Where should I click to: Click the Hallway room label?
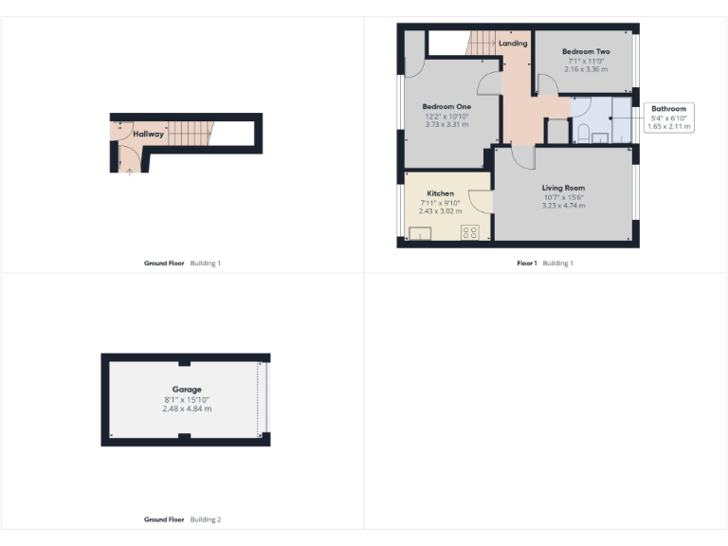(148, 135)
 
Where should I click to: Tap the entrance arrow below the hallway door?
(129, 171)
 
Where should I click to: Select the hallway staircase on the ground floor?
(189, 134)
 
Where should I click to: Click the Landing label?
(513, 44)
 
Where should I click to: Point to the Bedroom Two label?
(585, 51)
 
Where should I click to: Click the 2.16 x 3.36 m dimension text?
(585, 69)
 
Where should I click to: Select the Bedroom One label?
(446, 106)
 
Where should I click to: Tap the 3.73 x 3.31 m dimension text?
(446, 124)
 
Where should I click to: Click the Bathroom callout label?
(668, 108)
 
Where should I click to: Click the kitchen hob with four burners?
(468, 231)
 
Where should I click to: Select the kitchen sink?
(420, 232)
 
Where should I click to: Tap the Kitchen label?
(440, 193)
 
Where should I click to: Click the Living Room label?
(563, 188)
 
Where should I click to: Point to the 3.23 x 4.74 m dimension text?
(563, 206)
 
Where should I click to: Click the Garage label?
(187, 390)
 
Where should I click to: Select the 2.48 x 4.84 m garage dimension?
(187, 409)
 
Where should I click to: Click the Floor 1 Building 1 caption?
(545, 264)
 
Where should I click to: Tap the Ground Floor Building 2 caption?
(182, 519)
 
